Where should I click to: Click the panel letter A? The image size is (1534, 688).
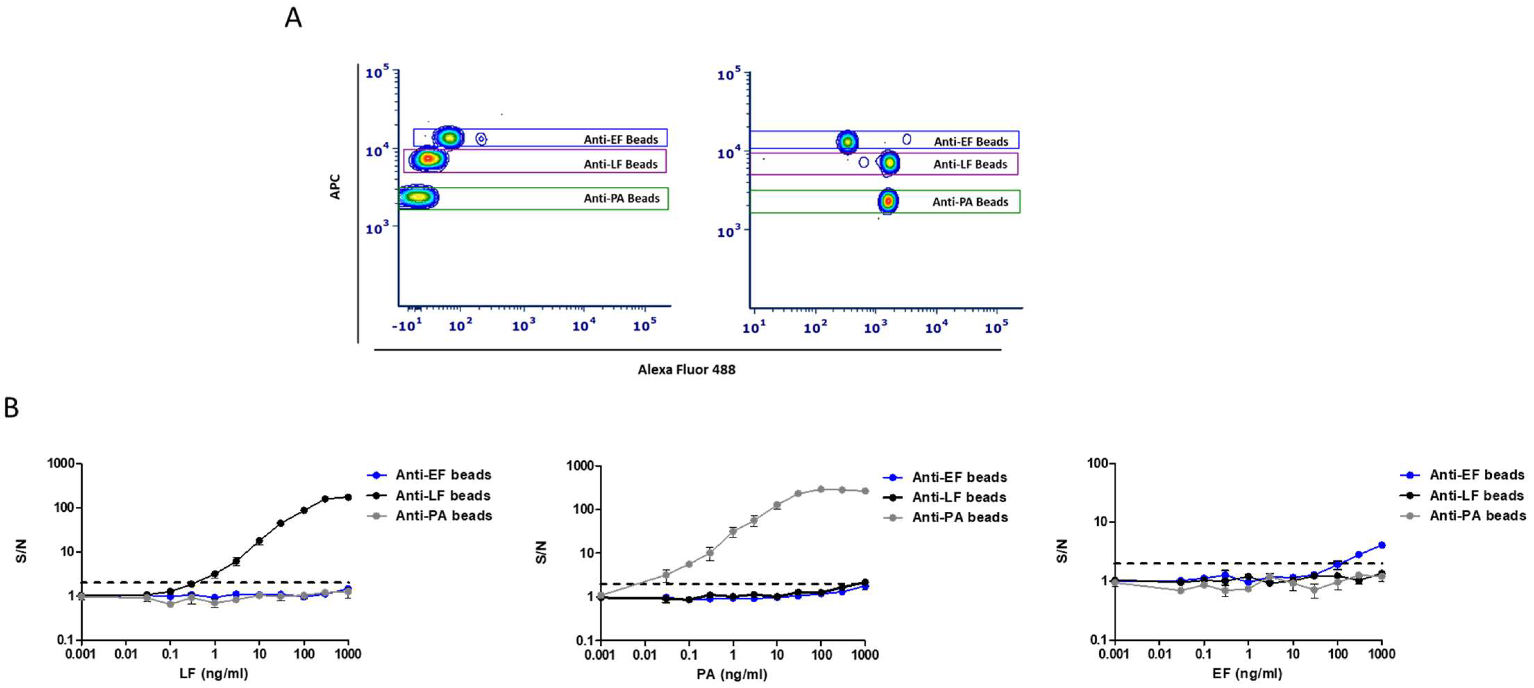pos(293,18)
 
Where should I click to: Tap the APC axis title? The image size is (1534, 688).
pos(335,186)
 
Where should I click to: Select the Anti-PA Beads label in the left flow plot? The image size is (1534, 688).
pos(621,198)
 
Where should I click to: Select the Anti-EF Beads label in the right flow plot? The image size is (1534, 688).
pos(971,142)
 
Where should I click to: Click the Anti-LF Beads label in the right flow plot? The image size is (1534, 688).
pos(970,165)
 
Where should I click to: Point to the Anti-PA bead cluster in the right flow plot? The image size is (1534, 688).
pos(888,201)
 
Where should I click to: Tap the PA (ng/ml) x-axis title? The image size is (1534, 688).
pos(732,674)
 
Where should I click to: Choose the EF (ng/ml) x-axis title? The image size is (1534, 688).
pos(1247,674)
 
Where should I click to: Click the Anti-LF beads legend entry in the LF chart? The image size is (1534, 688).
pos(443,496)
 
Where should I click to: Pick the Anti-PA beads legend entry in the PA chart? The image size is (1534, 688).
pos(959,517)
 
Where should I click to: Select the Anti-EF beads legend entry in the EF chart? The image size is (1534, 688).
pos(1476,475)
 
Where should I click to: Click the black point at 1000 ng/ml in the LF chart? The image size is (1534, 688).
pos(348,497)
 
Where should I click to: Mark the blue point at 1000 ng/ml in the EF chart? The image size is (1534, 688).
pos(1382,545)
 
